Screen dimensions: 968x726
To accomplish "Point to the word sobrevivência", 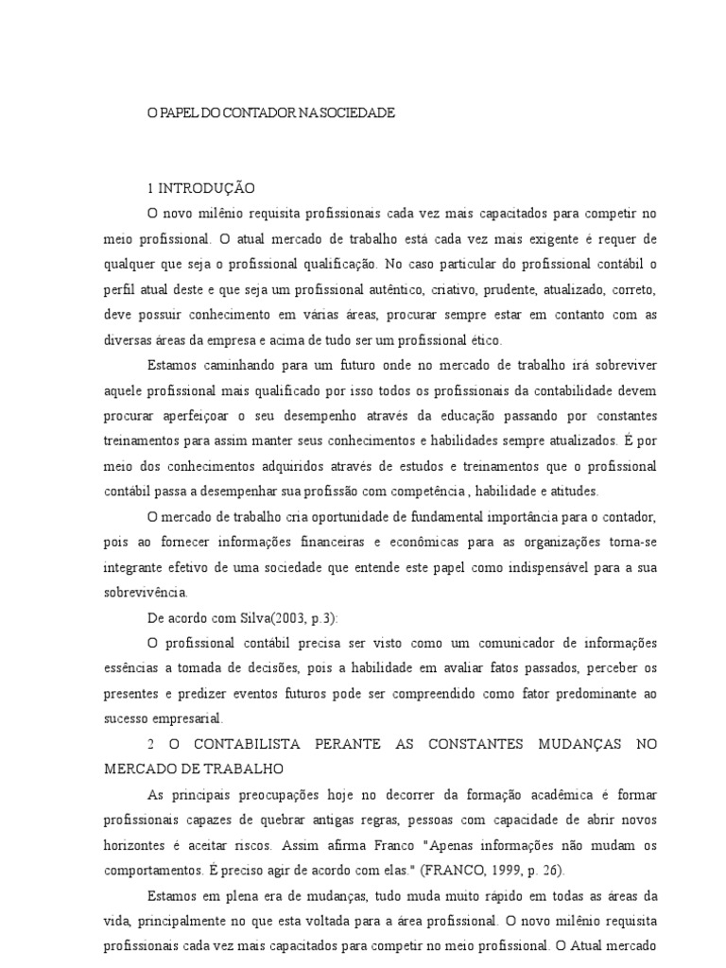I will pyautogui.click(x=147, y=594).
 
